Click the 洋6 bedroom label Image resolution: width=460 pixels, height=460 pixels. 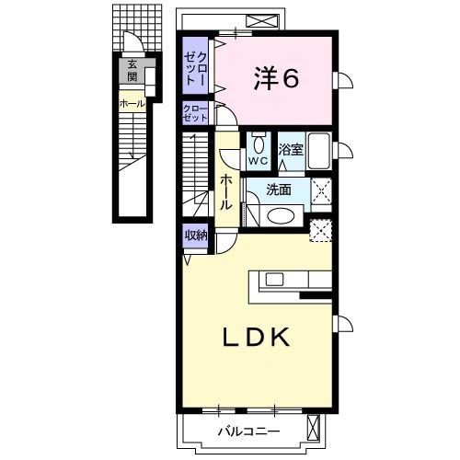pos(276,78)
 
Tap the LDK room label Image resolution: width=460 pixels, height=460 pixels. pos(256,337)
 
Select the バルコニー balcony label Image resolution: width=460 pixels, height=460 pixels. pos(249,432)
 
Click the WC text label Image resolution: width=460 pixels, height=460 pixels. pos(259,161)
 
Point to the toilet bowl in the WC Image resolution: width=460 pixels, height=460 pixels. pos(259,144)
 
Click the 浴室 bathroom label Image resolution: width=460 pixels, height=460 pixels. pos(291,150)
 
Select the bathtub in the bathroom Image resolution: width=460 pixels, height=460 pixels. pos(319,151)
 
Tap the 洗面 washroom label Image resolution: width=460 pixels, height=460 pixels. pos(279,190)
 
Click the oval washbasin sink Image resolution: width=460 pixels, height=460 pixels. pos(281,216)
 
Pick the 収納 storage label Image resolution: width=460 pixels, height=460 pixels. pos(196,236)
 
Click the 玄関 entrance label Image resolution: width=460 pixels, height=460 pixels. pos(132,71)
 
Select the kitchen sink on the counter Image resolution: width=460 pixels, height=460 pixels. pos(274,279)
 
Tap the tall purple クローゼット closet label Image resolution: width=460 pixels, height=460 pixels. pos(195,68)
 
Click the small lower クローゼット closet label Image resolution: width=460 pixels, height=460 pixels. pos(195,113)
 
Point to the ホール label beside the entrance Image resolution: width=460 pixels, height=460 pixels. pos(132,104)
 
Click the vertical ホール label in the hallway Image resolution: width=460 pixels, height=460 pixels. pos(226,192)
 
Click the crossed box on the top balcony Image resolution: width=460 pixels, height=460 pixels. pos(262,22)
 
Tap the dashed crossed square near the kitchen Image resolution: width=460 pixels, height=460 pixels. pos(321,231)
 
